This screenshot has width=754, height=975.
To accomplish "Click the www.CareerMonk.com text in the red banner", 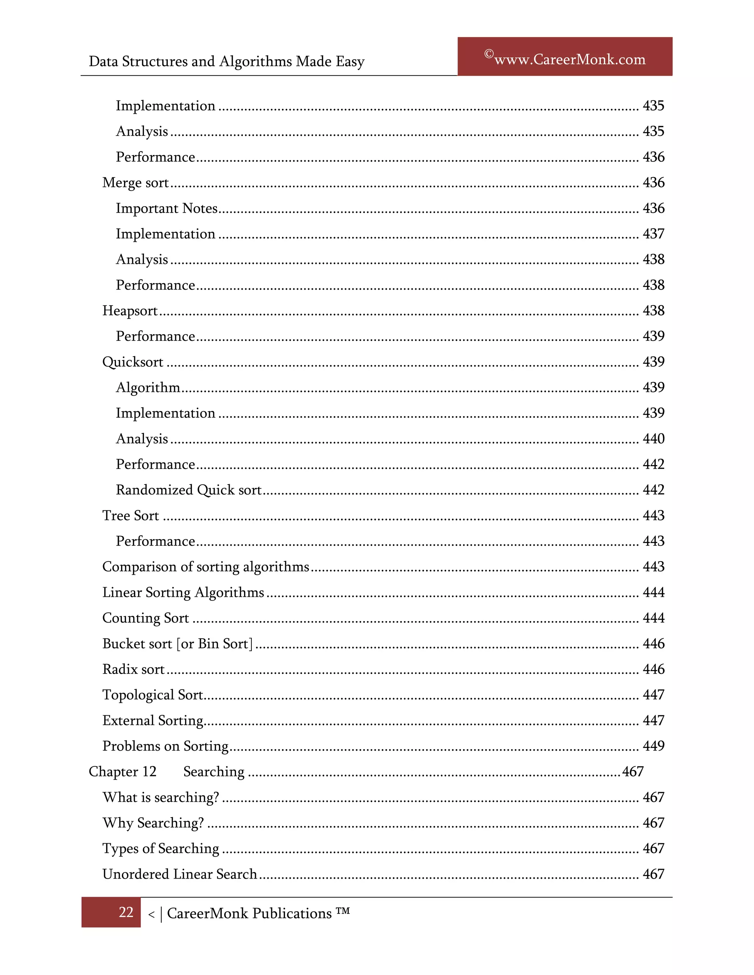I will click(570, 59).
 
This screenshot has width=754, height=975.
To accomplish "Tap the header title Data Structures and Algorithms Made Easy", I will click(226, 61).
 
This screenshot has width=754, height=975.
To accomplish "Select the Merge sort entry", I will click(135, 182).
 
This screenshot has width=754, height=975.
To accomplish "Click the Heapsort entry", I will click(130, 311).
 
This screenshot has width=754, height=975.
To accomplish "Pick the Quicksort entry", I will click(133, 362).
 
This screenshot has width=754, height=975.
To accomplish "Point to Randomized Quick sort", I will click(188, 490).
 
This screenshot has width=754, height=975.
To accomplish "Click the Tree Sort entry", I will click(130, 515).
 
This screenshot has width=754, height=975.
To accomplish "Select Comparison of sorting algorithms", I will click(205, 567).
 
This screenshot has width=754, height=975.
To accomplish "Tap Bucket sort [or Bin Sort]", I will click(177, 644).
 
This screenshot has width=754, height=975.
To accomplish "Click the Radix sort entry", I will click(133, 669).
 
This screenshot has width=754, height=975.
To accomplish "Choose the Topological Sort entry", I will click(153, 695).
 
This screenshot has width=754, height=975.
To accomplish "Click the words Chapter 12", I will click(122, 772).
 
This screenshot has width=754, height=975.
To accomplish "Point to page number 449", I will click(653, 746).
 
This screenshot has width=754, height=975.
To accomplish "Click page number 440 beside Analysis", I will click(653, 439).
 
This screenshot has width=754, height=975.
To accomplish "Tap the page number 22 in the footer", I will click(126, 912).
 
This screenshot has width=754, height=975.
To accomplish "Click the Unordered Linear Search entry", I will click(180, 874).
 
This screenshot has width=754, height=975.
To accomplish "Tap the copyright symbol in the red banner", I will click(489, 54).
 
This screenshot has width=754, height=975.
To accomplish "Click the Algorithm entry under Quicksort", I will click(148, 387).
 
